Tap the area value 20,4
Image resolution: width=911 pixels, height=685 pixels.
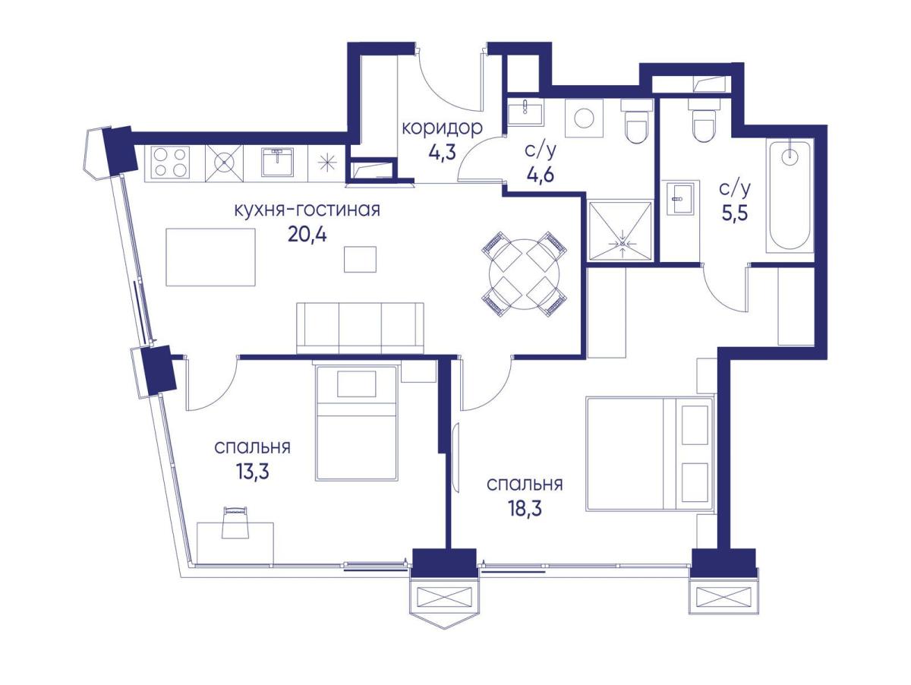(307, 236)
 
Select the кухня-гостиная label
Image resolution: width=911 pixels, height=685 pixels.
(307, 210)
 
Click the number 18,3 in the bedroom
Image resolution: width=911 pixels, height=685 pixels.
(525, 509)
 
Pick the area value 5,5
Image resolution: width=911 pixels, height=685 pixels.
(735, 214)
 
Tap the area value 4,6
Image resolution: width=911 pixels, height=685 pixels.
(540, 175)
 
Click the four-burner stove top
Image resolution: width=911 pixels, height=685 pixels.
(169, 163)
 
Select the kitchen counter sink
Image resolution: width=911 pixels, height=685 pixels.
(278, 163)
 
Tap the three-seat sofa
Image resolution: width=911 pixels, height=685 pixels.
(361, 328)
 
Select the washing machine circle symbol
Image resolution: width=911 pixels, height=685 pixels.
(584, 119)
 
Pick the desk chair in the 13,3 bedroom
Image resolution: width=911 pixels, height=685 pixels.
(235, 522)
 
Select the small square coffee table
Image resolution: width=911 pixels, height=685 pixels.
(360, 260)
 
